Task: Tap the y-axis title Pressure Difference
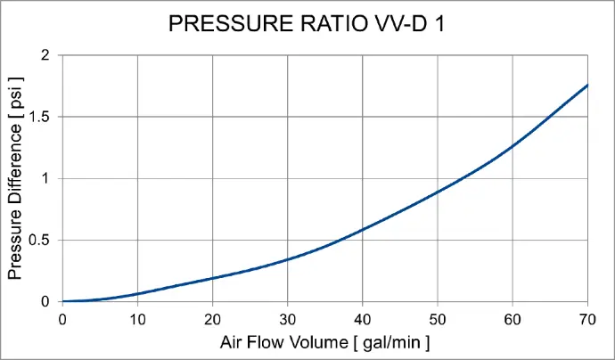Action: pyautogui.click(x=15, y=178)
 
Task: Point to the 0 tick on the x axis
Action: pyautogui.click(x=62, y=319)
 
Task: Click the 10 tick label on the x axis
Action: pyautogui.click(x=137, y=319)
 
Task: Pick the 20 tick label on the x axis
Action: pyautogui.click(x=212, y=319)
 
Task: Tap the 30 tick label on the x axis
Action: pyautogui.click(x=287, y=319)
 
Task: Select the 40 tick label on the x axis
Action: pyautogui.click(x=363, y=319)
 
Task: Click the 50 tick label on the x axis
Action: pyautogui.click(x=438, y=319)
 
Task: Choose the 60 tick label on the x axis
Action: pyautogui.click(x=512, y=319)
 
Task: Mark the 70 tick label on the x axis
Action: pyautogui.click(x=587, y=319)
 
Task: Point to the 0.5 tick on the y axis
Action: pyautogui.click(x=39, y=240)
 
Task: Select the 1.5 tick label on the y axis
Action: pyautogui.click(x=39, y=117)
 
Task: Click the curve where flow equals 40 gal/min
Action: pyautogui.click(x=363, y=229)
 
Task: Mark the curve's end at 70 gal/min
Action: pyautogui.click(x=587, y=85)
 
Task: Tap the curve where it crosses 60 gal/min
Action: pyautogui.click(x=512, y=146)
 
